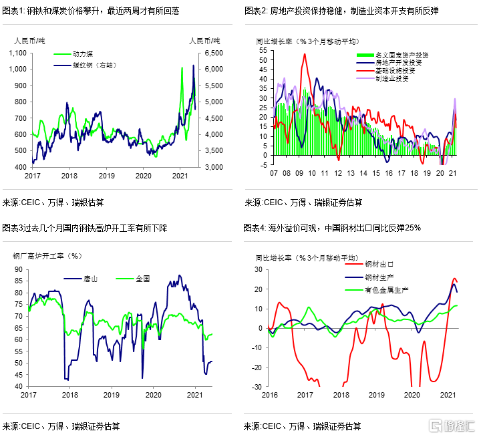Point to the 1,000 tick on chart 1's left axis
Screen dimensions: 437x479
coord(19,69)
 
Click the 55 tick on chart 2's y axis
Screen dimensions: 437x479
coord(263,51)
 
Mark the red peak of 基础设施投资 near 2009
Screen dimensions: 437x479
coord(305,55)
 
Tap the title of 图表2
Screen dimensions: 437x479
coord(341,11)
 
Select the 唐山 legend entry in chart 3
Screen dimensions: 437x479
coord(91,279)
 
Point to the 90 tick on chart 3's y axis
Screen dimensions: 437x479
coord(19,269)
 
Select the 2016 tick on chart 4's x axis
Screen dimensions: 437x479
coord(269,396)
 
